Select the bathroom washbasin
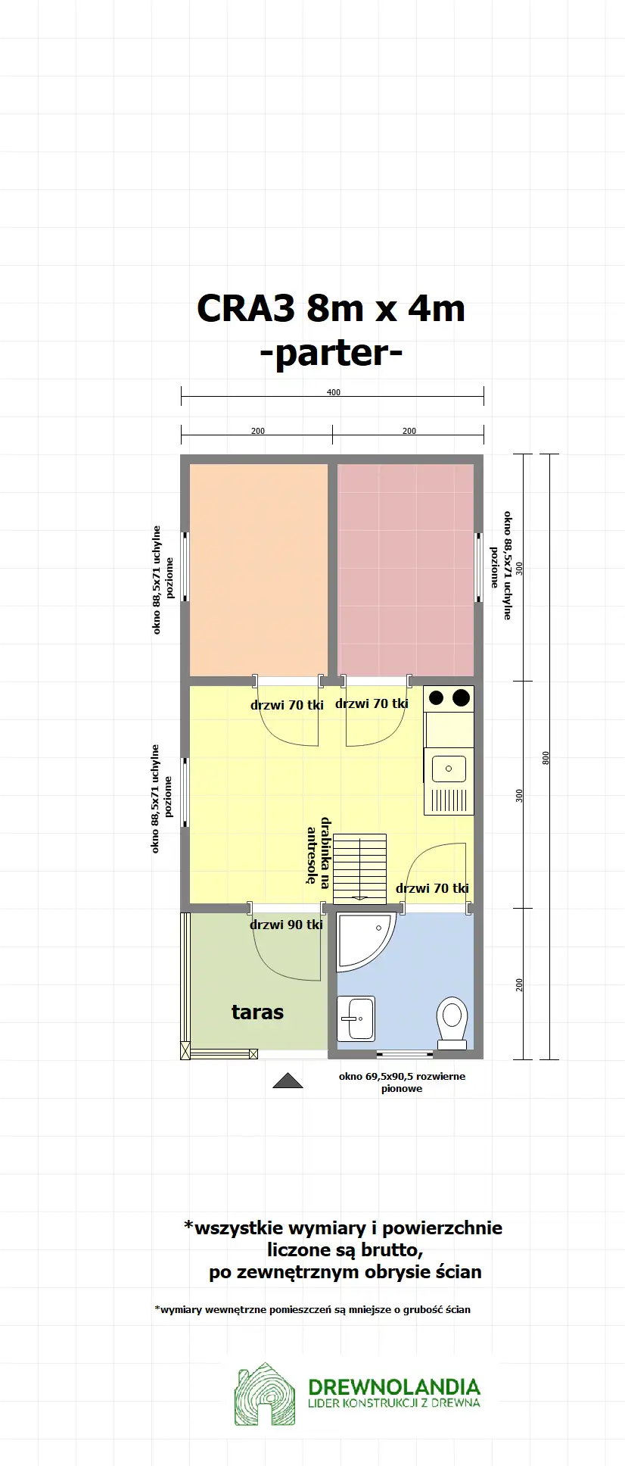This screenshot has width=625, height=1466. tap(356, 1018)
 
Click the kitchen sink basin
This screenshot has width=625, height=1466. tap(449, 769)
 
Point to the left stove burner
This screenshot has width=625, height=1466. tap(437, 697)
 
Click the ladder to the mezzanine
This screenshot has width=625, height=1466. tap(360, 866)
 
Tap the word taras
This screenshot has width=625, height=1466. tap(257, 1012)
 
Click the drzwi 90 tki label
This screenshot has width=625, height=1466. tap(286, 925)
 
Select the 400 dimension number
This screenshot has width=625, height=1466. tap(333, 392)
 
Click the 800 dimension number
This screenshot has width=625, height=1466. tap(546, 757)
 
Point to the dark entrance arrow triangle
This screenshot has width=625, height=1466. tap(288, 1081)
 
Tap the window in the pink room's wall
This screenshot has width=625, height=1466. tap(478, 567)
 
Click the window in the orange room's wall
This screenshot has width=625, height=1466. tap(185, 567)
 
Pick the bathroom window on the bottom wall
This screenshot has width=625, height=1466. tap(405, 1054)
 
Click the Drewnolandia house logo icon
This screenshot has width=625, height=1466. tap(264, 1394)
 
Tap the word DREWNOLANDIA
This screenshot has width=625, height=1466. tap(394, 1387)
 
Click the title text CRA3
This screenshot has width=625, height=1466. tap(246, 309)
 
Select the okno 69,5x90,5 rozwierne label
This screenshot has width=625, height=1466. tap(402, 1076)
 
